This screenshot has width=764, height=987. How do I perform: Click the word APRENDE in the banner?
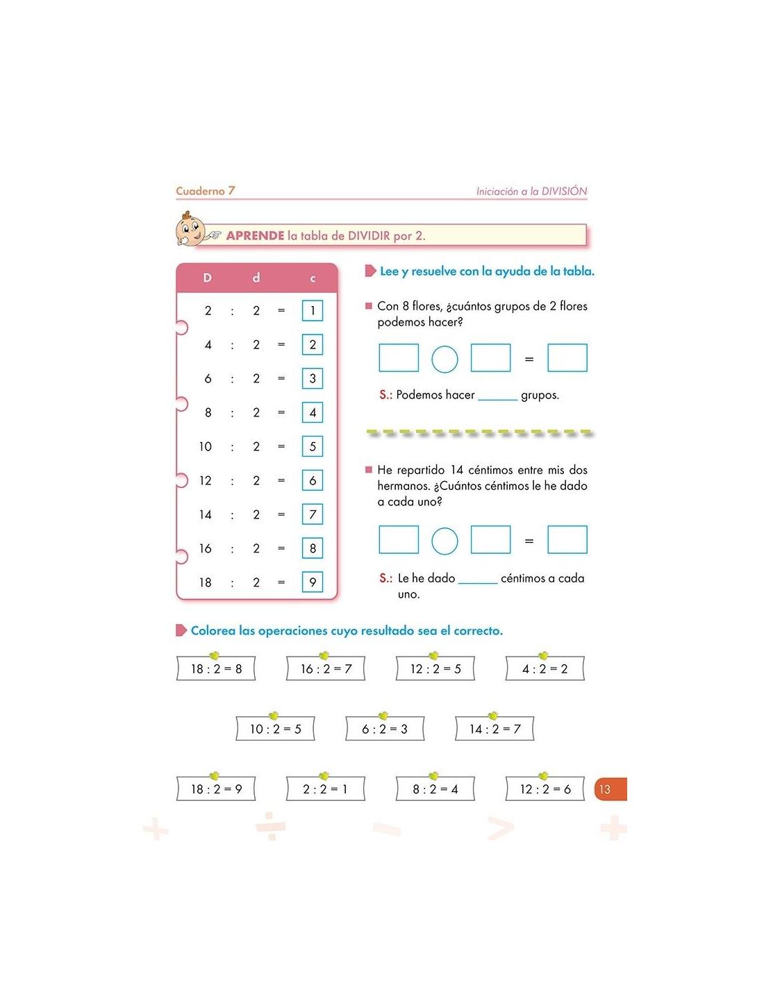pos(255,236)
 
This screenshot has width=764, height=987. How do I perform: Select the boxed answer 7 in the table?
pos(313,514)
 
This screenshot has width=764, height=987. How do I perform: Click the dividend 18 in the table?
pos(206,582)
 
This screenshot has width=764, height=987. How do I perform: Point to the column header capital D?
pos(207,278)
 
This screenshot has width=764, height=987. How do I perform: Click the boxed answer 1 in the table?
pos(313,310)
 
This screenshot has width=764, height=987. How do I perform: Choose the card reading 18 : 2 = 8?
pos(216,668)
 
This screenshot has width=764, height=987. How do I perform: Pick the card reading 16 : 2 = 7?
pos(326,668)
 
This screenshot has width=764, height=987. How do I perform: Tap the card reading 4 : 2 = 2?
pos(545,668)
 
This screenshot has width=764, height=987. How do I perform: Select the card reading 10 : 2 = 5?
pos(275,729)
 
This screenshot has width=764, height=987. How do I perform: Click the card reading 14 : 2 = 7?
pos(495,729)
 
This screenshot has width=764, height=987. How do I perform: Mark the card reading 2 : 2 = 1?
pos(326,789)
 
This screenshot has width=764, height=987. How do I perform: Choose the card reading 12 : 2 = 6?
pos(545,789)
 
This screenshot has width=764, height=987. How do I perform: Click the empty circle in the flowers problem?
pos(445,359)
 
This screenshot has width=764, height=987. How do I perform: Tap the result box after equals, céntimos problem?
pos(567,540)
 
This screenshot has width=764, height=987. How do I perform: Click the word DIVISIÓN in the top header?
pos(564,191)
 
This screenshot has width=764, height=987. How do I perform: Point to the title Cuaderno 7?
pos(206,191)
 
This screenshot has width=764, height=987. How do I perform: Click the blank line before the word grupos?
pos(498,396)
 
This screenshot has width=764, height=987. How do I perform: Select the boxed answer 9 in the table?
pos(313,582)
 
